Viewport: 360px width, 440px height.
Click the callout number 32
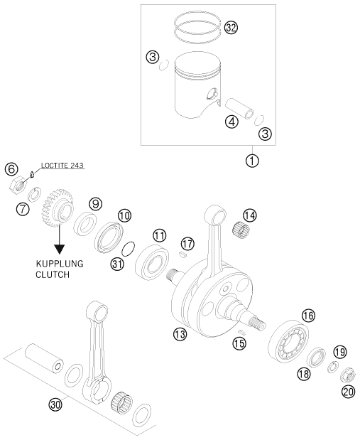231,28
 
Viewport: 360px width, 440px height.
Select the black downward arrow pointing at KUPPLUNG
58,247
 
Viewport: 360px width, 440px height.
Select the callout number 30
56,404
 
